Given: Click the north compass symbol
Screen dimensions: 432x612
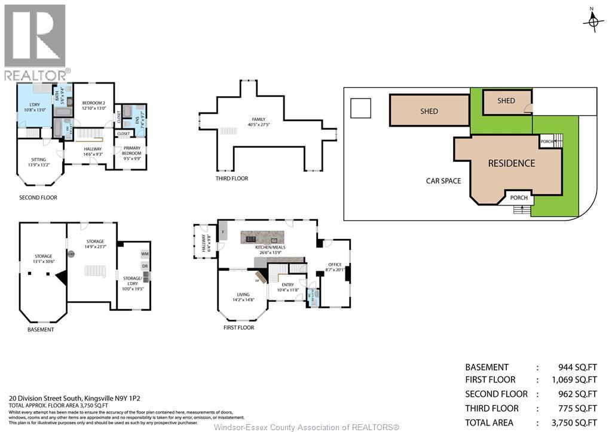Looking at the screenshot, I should (x=593, y=20).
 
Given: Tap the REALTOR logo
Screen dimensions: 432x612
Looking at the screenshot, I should (x=35, y=42).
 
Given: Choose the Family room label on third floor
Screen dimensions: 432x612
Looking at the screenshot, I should (x=258, y=120).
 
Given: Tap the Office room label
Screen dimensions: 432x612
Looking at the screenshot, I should (x=335, y=264).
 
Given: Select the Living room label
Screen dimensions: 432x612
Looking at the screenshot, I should (x=243, y=294).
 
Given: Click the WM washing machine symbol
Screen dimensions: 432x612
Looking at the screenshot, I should (x=145, y=254).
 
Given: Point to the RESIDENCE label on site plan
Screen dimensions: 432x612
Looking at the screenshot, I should (x=511, y=163).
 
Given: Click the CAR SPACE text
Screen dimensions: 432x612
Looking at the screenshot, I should (x=443, y=180).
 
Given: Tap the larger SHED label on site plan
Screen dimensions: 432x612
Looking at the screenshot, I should (x=429, y=111).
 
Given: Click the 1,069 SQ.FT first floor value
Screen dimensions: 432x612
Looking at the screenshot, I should (x=574, y=380).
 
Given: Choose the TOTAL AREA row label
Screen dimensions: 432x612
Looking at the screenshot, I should (x=489, y=422).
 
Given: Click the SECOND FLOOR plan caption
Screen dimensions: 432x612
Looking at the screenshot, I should (x=37, y=198).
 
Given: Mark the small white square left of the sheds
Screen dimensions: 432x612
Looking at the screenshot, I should (x=360, y=108).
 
